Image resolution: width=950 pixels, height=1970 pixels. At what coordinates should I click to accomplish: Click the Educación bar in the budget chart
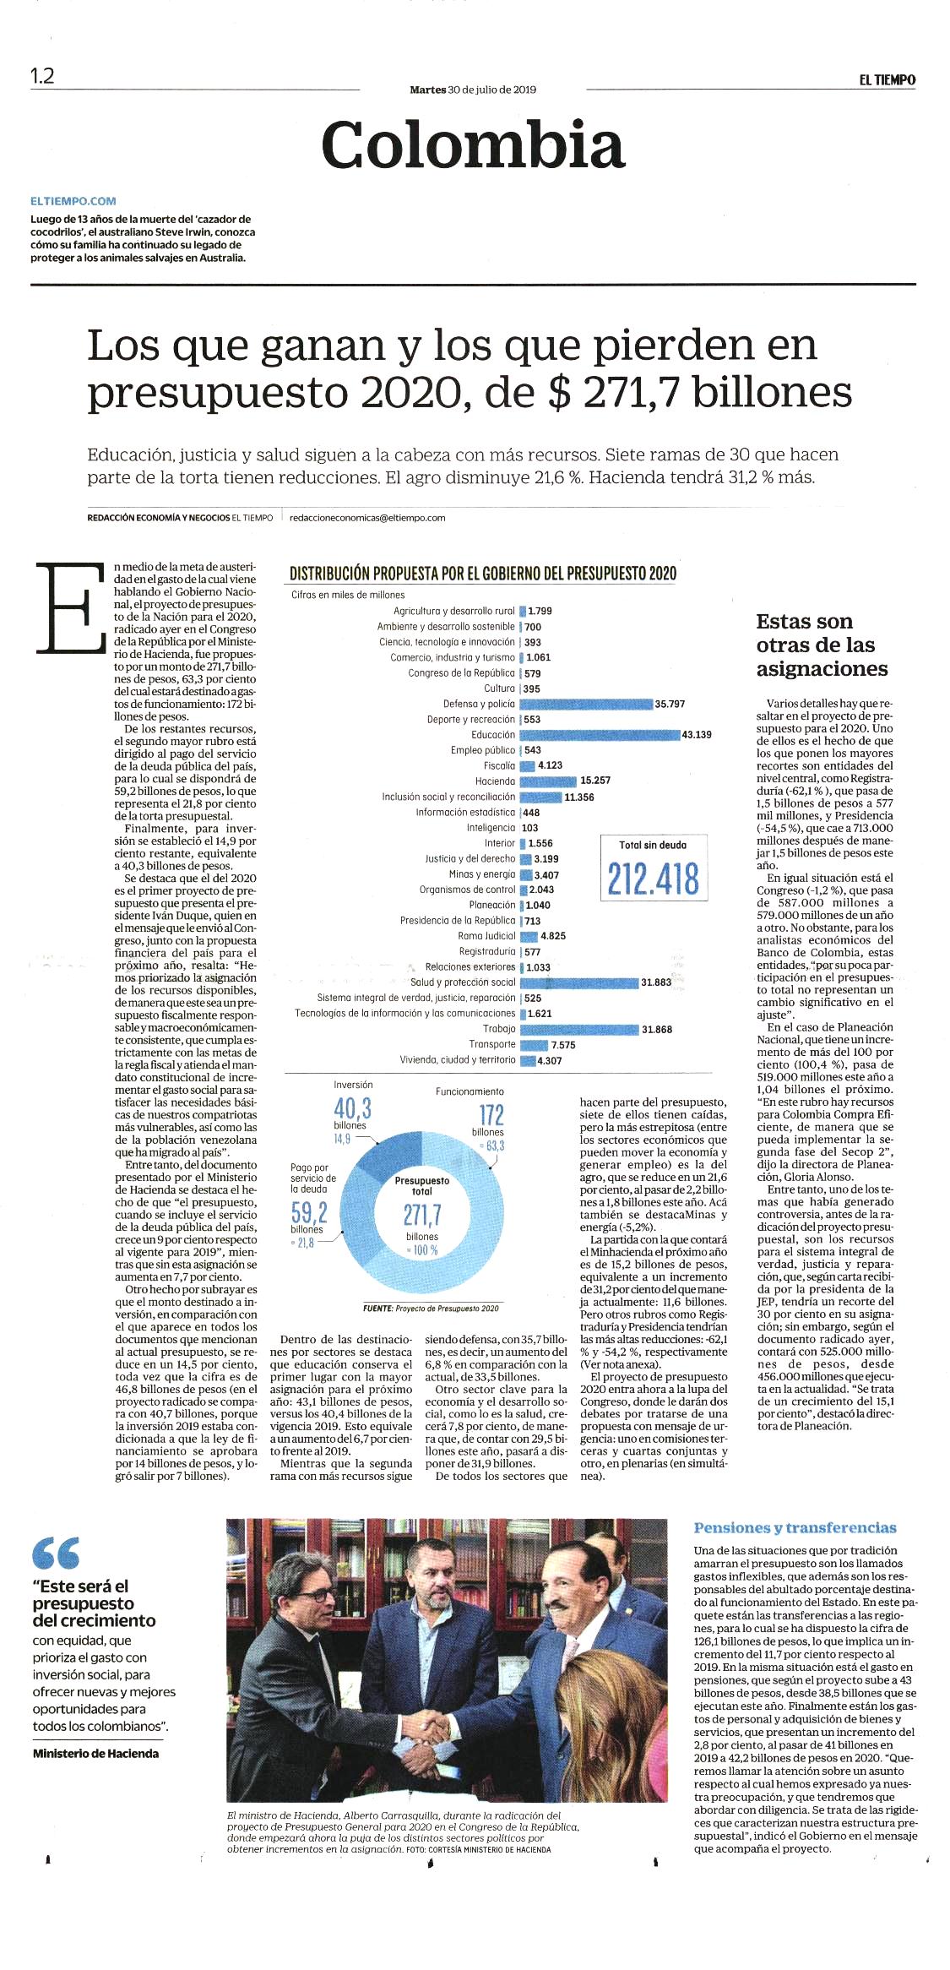tap(600, 735)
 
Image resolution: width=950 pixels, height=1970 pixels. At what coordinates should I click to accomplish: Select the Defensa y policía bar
tap(586, 704)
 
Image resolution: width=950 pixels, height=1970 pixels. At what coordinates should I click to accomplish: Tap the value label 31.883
tap(656, 982)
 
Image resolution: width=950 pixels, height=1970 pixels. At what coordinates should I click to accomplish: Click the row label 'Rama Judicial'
tap(486, 936)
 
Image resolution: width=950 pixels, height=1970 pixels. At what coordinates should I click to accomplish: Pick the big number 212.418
tap(654, 879)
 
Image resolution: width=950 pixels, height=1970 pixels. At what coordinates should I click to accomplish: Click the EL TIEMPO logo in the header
tap(888, 79)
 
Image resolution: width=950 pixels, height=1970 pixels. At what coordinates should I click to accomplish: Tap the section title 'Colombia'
tap(473, 144)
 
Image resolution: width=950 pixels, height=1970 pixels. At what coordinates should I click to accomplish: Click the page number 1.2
tap(42, 76)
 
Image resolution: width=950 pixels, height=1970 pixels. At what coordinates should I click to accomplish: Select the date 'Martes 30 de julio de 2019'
tap(473, 90)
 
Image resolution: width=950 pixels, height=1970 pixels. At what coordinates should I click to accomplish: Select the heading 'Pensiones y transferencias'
tap(795, 1527)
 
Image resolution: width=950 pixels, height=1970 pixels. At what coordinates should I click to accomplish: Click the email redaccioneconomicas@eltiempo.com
tap(367, 518)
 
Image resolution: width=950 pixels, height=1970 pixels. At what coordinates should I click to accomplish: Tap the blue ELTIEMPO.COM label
tap(73, 201)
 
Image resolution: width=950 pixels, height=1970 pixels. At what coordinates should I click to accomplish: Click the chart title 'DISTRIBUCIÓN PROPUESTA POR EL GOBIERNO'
tap(483, 574)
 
